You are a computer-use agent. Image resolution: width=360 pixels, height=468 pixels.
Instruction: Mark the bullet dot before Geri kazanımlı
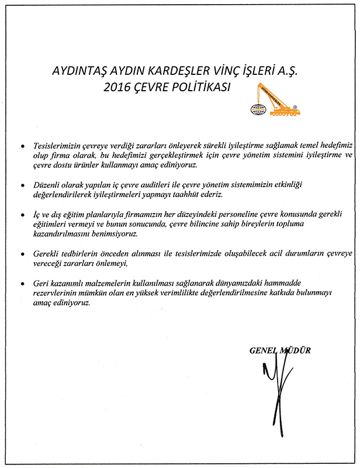point(22,285)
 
